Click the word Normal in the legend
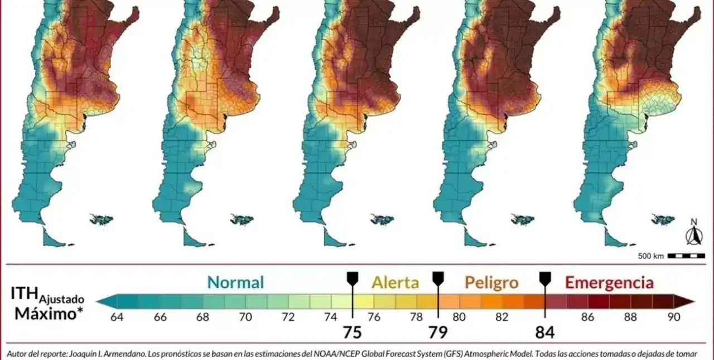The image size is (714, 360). [235, 282]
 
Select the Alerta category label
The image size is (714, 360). [395, 282]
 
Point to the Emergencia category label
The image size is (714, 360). [609, 282]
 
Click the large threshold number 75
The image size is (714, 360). [353, 332]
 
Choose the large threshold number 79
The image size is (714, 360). [438, 332]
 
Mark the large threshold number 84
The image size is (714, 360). [544, 332]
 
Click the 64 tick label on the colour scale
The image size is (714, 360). [117, 318]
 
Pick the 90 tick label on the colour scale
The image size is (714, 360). [673, 318]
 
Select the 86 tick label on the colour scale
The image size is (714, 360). [587, 318]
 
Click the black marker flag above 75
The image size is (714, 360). [353, 278]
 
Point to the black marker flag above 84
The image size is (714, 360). [544, 278]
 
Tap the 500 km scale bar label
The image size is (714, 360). [651, 256]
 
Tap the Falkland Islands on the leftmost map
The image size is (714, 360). [102, 220]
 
